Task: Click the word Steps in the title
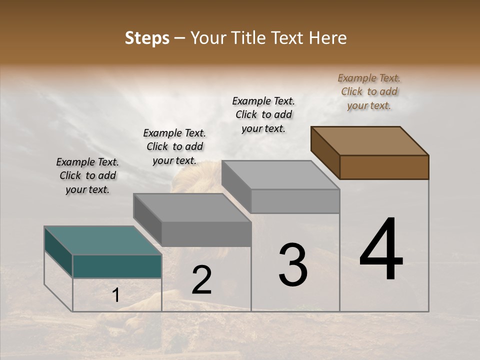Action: tap(147, 38)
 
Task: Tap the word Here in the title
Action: tap(327, 38)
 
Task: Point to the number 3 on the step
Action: tap(293, 265)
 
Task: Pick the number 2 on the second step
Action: tap(201, 280)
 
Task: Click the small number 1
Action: tap(115, 295)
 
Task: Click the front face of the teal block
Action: tap(117, 266)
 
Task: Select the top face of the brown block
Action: tap(369, 140)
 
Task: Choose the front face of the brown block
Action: tap(384, 167)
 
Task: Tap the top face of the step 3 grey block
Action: tap(280, 175)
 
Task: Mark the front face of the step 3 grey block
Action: tap(295, 201)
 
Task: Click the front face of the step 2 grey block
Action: tap(206, 234)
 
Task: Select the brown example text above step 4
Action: tap(369, 91)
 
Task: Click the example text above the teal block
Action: tap(87, 175)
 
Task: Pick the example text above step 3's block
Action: tap(263, 114)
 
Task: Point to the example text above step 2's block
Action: tap(174, 146)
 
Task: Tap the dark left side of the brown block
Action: tap(325, 152)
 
